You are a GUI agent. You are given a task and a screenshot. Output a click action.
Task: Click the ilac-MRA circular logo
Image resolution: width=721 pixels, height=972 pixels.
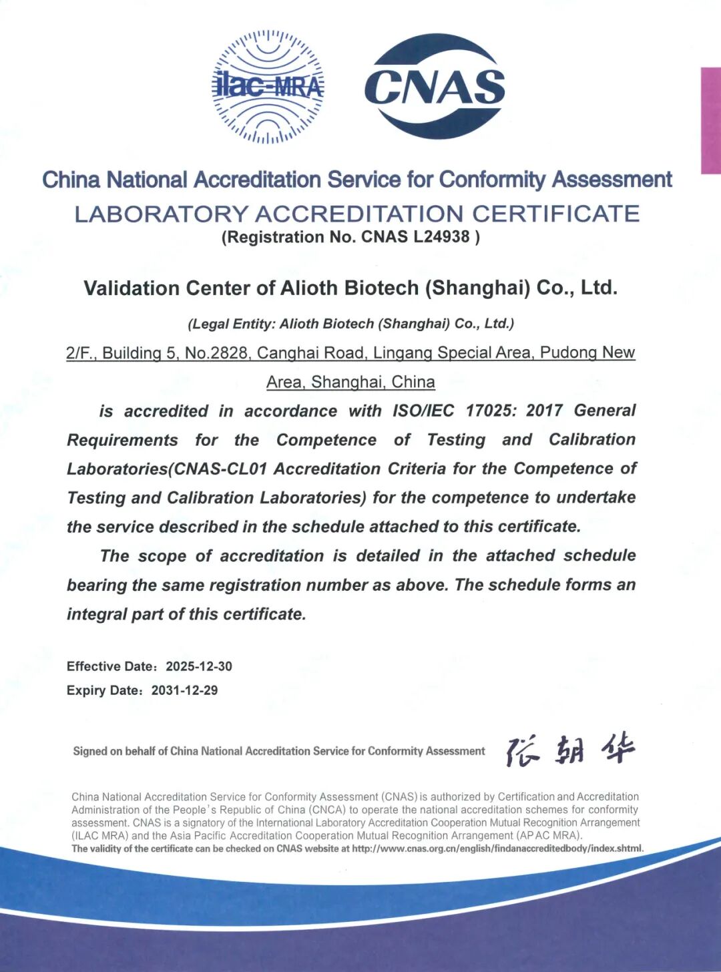[x=268, y=87]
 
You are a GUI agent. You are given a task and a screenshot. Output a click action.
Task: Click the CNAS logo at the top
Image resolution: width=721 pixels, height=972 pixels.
[x=435, y=87]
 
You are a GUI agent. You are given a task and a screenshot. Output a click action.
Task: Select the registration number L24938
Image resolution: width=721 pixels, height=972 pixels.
[x=441, y=237]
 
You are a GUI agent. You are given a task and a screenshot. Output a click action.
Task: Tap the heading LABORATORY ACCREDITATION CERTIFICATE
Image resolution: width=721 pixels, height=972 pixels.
[x=357, y=214]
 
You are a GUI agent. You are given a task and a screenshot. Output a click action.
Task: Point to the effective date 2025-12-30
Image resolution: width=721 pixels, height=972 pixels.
[x=199, y=666]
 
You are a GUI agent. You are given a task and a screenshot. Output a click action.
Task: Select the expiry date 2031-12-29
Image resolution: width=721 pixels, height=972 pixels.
[x=184, y=690]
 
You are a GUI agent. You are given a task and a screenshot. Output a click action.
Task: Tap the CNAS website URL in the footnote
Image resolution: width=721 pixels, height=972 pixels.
[x=497, y=848]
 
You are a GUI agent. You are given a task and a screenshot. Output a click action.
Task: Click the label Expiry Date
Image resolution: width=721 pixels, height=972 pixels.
[x=103, y=690]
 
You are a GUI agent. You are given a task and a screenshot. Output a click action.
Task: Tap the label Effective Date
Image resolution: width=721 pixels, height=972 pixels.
[x=111, y=666]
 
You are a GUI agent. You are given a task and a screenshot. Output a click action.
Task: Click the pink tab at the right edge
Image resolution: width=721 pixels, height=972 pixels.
[x=710, y=120]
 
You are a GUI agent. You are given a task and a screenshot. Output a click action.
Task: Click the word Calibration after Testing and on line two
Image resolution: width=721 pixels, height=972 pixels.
[x=592, y=440]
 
